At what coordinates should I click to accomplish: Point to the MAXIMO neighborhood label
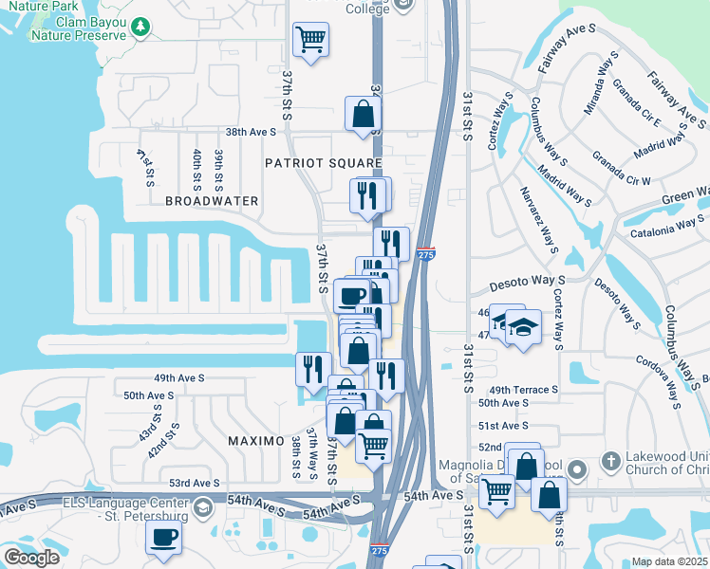pos(255,442)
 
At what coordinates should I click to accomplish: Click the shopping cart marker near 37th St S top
pos(310,40)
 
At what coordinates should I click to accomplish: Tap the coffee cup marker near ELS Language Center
pos(162,539)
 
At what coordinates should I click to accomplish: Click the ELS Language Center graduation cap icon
pos(201,509)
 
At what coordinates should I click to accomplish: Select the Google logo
pos(31,558)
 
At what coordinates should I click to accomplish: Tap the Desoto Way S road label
pos(527,284)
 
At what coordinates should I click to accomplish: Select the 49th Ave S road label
pos(177,377)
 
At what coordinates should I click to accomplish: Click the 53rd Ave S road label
pos(193,483)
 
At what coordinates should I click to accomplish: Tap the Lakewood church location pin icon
pos(610,468)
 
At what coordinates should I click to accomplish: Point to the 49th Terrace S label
pos(522,390)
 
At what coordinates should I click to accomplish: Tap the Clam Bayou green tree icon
pos(140,26)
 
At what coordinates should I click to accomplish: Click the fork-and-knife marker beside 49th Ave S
pos(312,370)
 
